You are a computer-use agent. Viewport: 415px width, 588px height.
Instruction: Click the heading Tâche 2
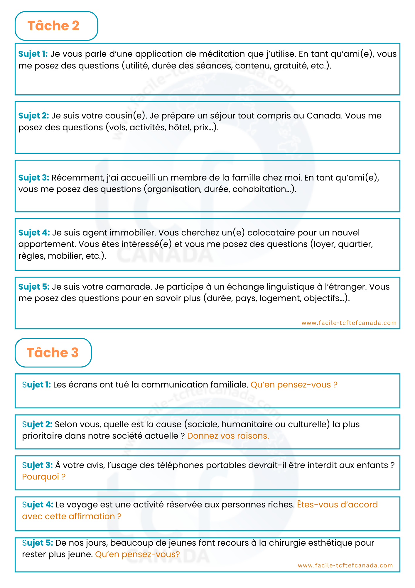(53, 26)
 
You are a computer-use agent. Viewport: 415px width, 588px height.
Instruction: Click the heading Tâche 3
(53, 353)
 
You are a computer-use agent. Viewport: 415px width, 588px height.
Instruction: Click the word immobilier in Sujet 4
(132, 233)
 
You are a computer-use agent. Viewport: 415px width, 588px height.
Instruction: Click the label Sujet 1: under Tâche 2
(33, 54)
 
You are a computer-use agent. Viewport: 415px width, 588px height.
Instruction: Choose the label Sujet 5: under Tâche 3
(38, 543)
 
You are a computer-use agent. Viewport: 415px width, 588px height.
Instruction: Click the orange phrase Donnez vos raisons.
(228, 436)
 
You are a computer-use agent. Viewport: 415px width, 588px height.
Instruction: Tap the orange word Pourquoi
(41, 477)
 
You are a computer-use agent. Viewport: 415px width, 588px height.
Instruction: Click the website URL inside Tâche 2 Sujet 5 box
(349, 323)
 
